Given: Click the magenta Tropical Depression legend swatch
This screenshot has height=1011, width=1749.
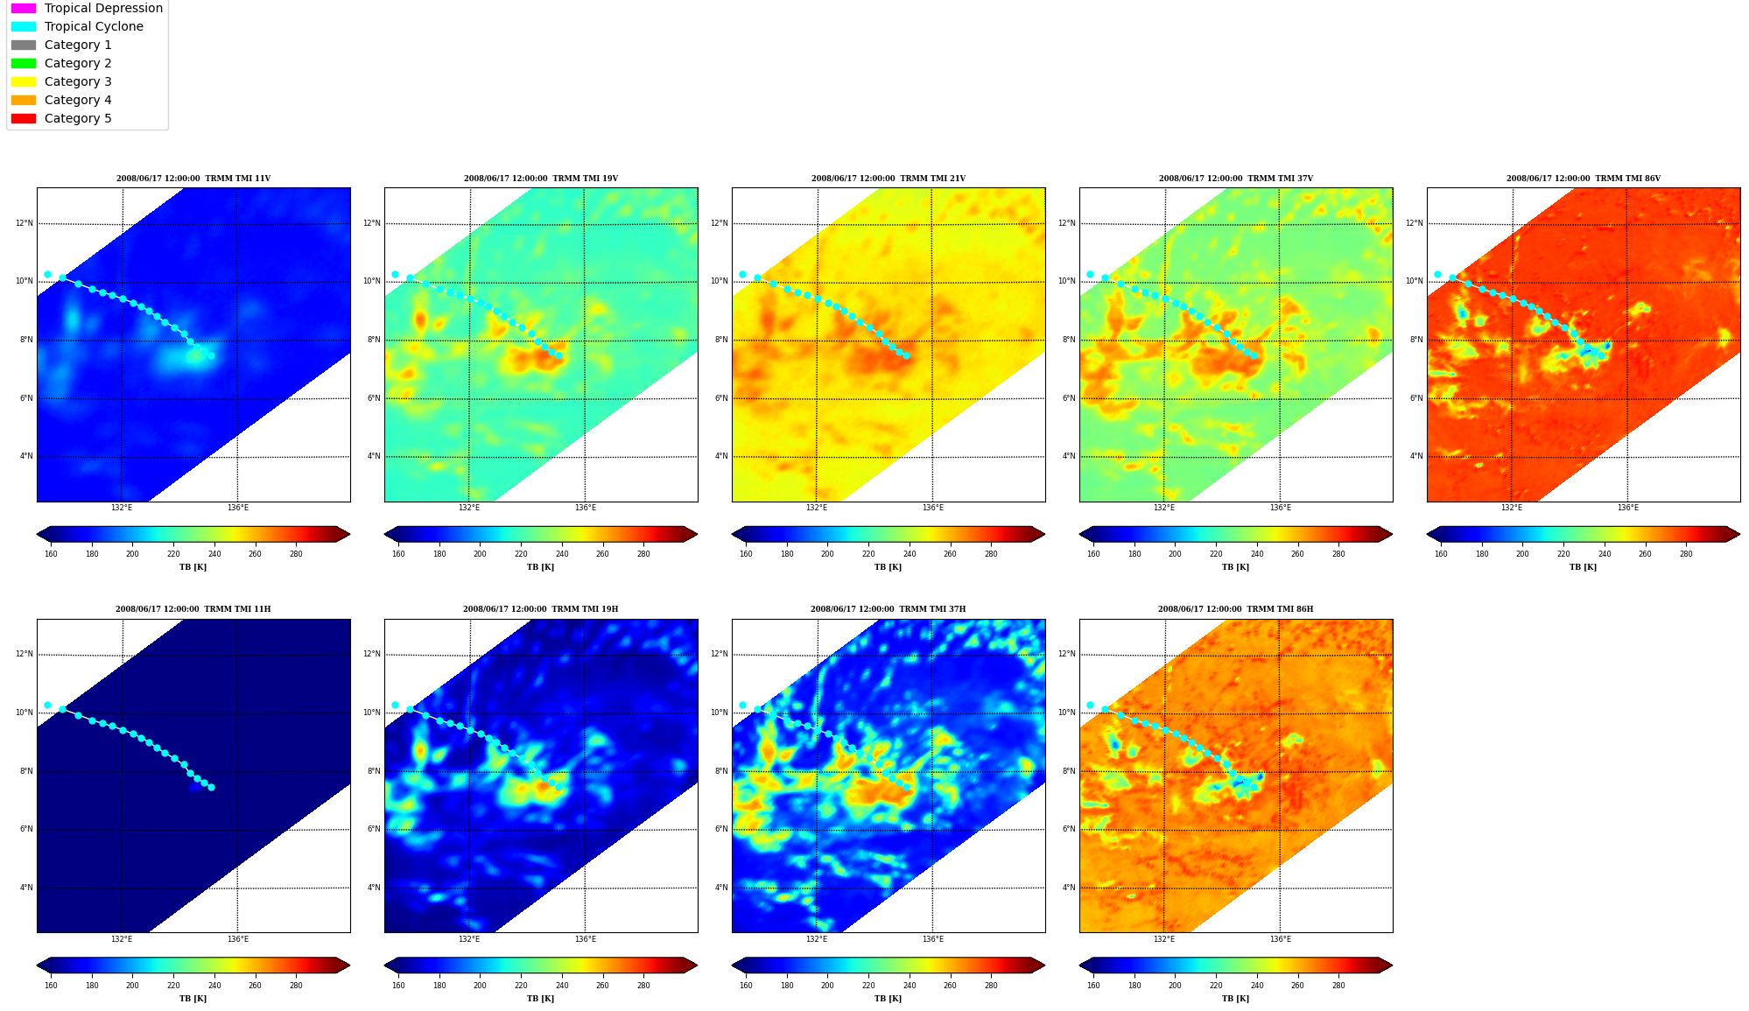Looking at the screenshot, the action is click(x=24, y=8).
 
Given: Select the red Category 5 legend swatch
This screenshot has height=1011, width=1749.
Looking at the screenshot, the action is click(x=24, y=118).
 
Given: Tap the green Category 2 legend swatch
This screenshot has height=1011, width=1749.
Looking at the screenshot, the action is click(x=24, y=63).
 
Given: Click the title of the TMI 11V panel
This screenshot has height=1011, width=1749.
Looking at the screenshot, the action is click(x=193, y=179).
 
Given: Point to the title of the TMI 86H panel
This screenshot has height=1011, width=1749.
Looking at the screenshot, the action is click(x=1235, y=609).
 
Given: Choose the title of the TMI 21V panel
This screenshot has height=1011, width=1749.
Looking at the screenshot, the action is click(x=888, y=179).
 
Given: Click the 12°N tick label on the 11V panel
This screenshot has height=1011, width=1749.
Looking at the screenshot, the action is click(x=24, y=223).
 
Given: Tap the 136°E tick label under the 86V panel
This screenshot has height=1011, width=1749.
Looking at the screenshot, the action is click(x=1627, y=508).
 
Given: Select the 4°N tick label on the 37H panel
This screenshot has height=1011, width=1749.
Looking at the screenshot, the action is click(x=721, y=888).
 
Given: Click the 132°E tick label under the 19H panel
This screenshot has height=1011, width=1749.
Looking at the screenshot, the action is click(x=469, y=939).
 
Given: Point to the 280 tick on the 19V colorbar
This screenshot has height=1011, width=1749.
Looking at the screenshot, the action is click(x=643, y=554).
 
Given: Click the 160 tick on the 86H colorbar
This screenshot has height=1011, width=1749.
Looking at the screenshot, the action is click(x=1093, y=986).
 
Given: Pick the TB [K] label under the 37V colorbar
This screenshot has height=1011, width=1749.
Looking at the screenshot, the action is click(x=1235, y=567).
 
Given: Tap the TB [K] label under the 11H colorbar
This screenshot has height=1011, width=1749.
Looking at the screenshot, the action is click(x=193, y=999).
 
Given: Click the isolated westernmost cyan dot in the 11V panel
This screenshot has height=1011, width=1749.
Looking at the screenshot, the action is click(x=47, y=275).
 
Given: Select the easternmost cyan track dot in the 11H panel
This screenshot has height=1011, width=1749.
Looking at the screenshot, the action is click(x=211, y=787).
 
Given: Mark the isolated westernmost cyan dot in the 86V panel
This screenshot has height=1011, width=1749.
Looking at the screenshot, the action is click(x=1437, y=275).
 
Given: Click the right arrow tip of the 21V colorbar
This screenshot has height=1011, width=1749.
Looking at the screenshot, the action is click(x=1044, y=534).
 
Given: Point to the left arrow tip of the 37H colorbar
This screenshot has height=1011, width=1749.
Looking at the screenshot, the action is click(x=733, y=965).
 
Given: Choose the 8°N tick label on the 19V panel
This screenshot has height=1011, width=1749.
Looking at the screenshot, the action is click(x=374, y=340).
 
